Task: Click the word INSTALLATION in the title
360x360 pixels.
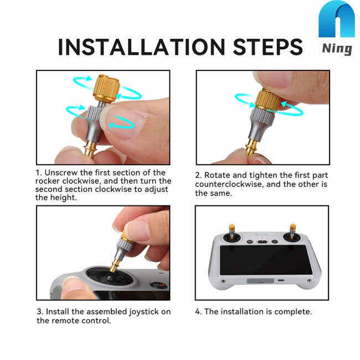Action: [x=141, y=47]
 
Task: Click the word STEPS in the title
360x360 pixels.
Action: [x=268, y=47]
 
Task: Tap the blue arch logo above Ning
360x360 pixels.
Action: [x=337, y=19]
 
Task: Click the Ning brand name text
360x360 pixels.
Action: [x=337, y=49]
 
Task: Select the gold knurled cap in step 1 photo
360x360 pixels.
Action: [x=106, y=88]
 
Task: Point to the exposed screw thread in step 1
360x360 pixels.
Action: [x=101, y=104]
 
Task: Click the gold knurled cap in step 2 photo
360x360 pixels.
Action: [x=268, y=100]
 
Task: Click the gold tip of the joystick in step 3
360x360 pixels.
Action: [x=115, y=266]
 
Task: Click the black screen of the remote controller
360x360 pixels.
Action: [x=266, y=260]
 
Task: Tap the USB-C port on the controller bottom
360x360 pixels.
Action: [x=281, y=280]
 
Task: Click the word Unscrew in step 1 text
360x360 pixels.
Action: [x=60, y=173]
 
